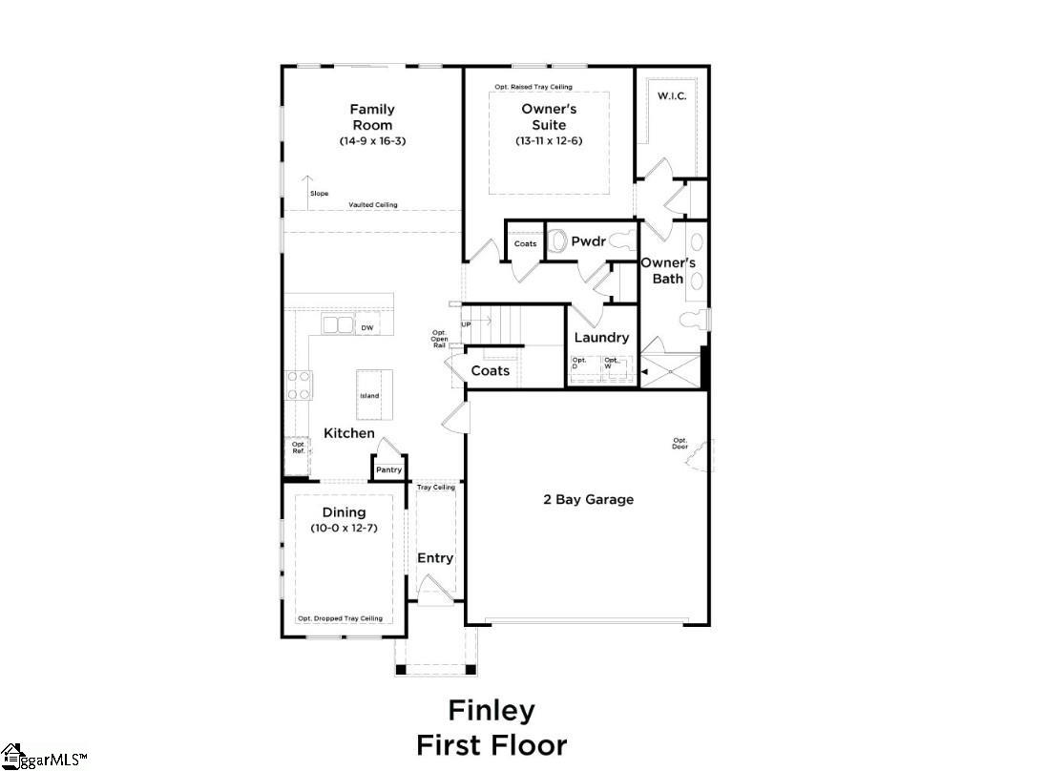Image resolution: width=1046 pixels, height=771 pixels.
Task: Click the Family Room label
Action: coord(371,117)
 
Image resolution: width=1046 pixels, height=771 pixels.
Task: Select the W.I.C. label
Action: coord(672,96)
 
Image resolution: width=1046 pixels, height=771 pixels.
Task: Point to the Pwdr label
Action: coord(588,242)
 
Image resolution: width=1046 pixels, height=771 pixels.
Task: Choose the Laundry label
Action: coord(601,338)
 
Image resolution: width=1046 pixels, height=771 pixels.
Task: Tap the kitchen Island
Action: coord(369,395)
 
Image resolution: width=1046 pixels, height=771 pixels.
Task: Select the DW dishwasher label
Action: coord(366,328)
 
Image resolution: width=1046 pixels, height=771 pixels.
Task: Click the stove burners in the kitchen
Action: coord(300,385)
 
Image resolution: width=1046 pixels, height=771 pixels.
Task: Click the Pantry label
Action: coord(388,469)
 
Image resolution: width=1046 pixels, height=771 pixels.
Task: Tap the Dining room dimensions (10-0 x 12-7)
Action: coord(344,528)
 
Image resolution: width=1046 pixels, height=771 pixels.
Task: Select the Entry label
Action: coord(435,558)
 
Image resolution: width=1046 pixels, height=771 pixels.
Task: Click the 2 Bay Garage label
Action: coord(588,499)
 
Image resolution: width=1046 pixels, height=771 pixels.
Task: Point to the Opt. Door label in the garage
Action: coord(680,444)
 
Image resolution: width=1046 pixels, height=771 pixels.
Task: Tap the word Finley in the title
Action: coord(492,711)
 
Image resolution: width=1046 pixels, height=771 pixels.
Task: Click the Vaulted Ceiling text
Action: coord(373,205)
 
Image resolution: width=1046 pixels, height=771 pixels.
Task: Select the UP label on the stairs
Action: coord(466,324)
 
